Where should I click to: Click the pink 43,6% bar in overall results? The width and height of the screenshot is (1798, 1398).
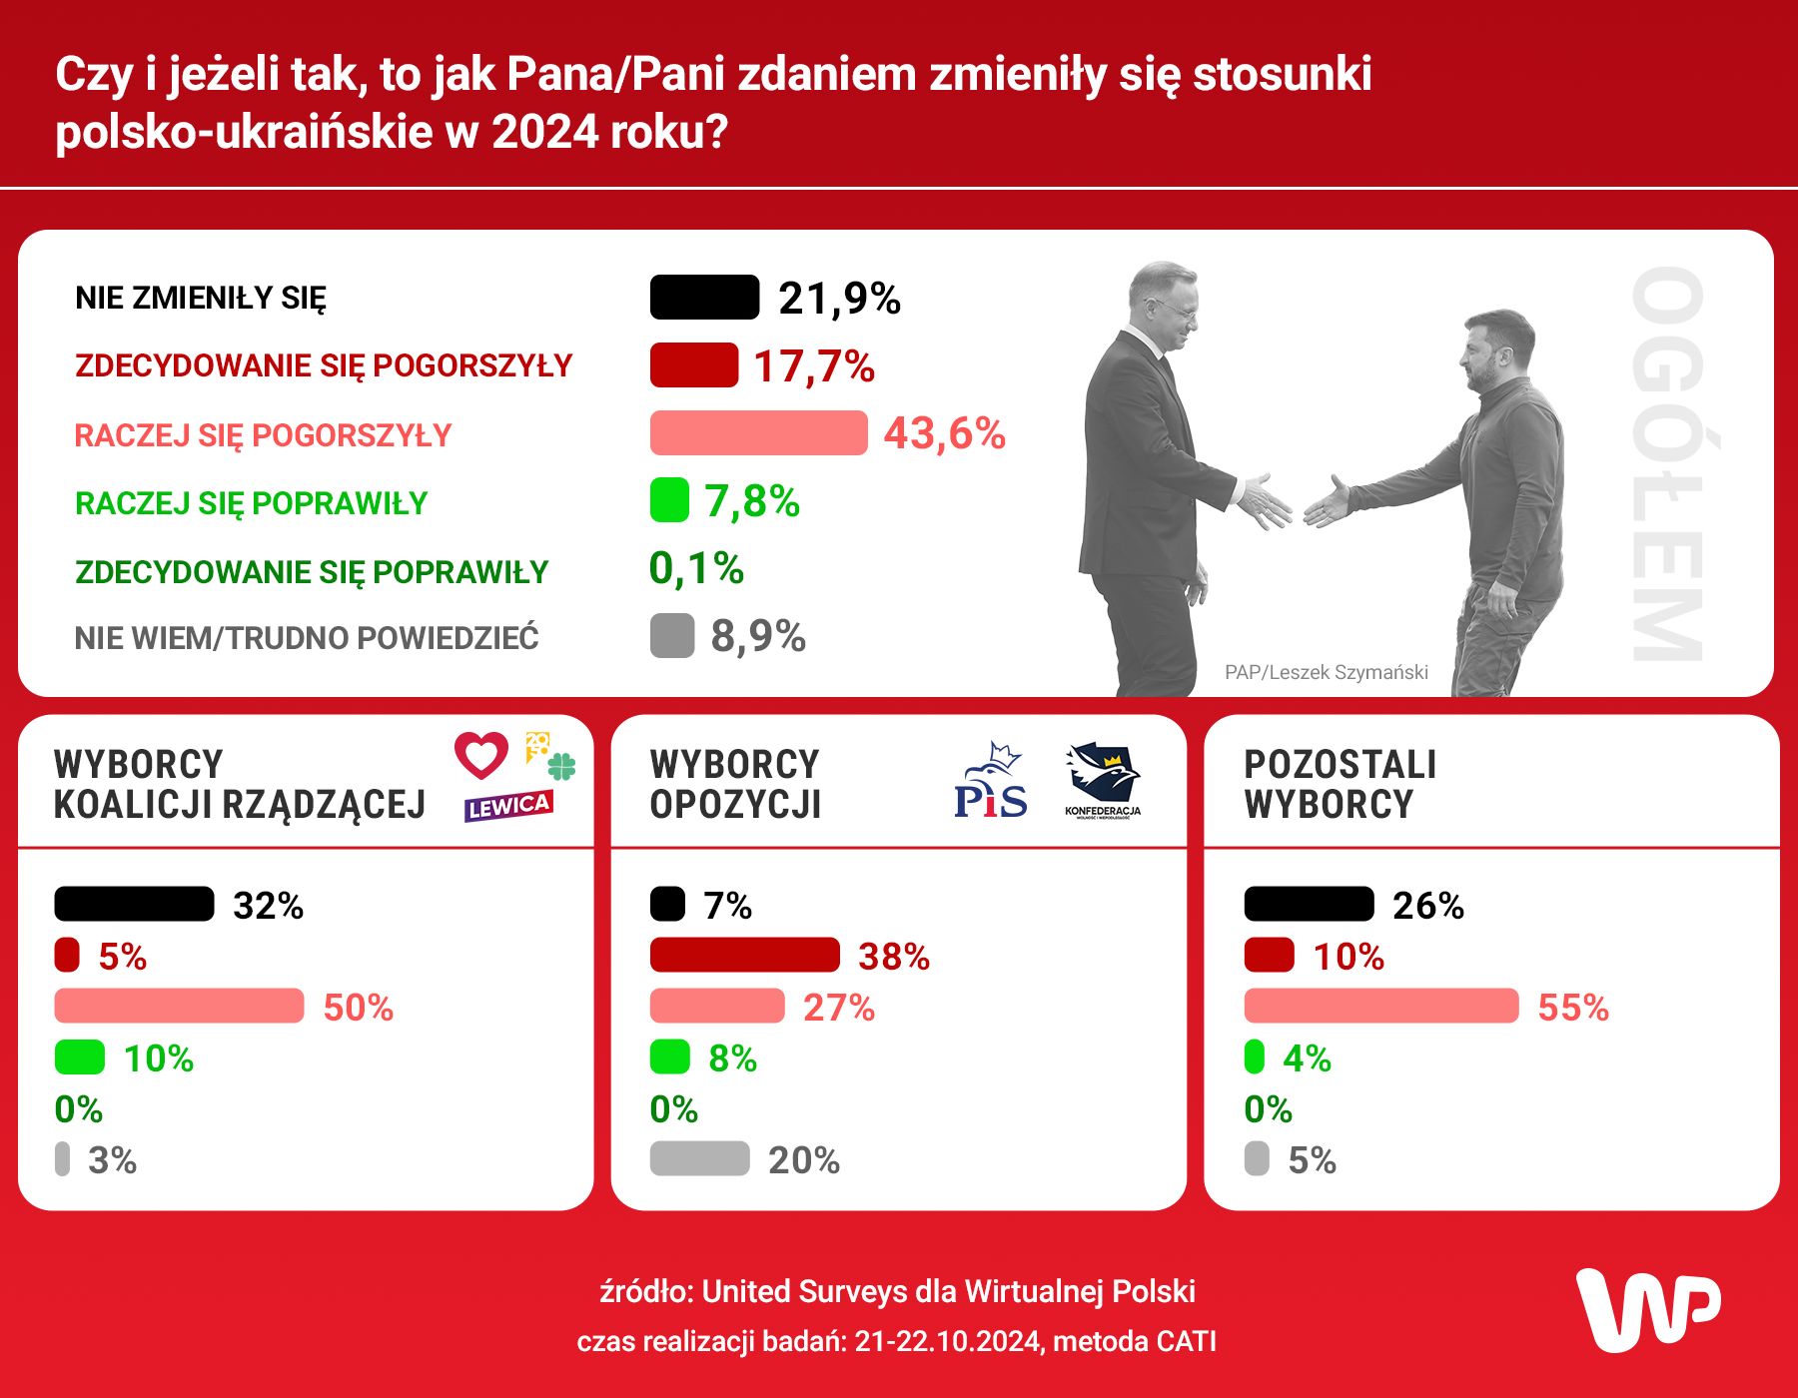tap(758, 433)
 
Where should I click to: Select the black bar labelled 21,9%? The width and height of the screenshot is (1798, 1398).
tap(704, 298)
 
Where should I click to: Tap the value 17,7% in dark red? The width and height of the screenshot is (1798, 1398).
tap(813, 365)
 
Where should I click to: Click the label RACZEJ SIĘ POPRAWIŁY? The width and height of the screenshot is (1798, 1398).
tap(251, 503)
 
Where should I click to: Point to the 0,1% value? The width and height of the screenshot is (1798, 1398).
tap(696, 569)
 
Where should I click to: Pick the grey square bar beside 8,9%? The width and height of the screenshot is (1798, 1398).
tap(671, 636)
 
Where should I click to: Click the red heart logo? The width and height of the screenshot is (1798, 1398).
tap(481, 755)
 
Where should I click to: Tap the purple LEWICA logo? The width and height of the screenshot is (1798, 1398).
tap(507, 806)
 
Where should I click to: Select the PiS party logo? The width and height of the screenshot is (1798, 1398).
tap(990, 782)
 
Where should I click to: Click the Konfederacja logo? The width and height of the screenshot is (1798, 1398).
tap(1102, 780)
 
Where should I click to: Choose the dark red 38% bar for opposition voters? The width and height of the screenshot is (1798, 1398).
tap(744, 956)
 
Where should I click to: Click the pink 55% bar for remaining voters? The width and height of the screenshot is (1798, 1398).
tap(1380, 1007)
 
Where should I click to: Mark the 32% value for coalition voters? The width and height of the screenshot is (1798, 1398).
tap(268, 905)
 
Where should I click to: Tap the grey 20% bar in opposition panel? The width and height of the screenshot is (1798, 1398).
tap(699, 1158)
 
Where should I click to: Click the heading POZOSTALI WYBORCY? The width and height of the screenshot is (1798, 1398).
tap(1339, 784)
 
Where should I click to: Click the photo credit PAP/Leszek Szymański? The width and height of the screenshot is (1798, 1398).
tap(1326, 672)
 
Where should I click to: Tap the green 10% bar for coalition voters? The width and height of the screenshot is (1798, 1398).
tap(80, 1057)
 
